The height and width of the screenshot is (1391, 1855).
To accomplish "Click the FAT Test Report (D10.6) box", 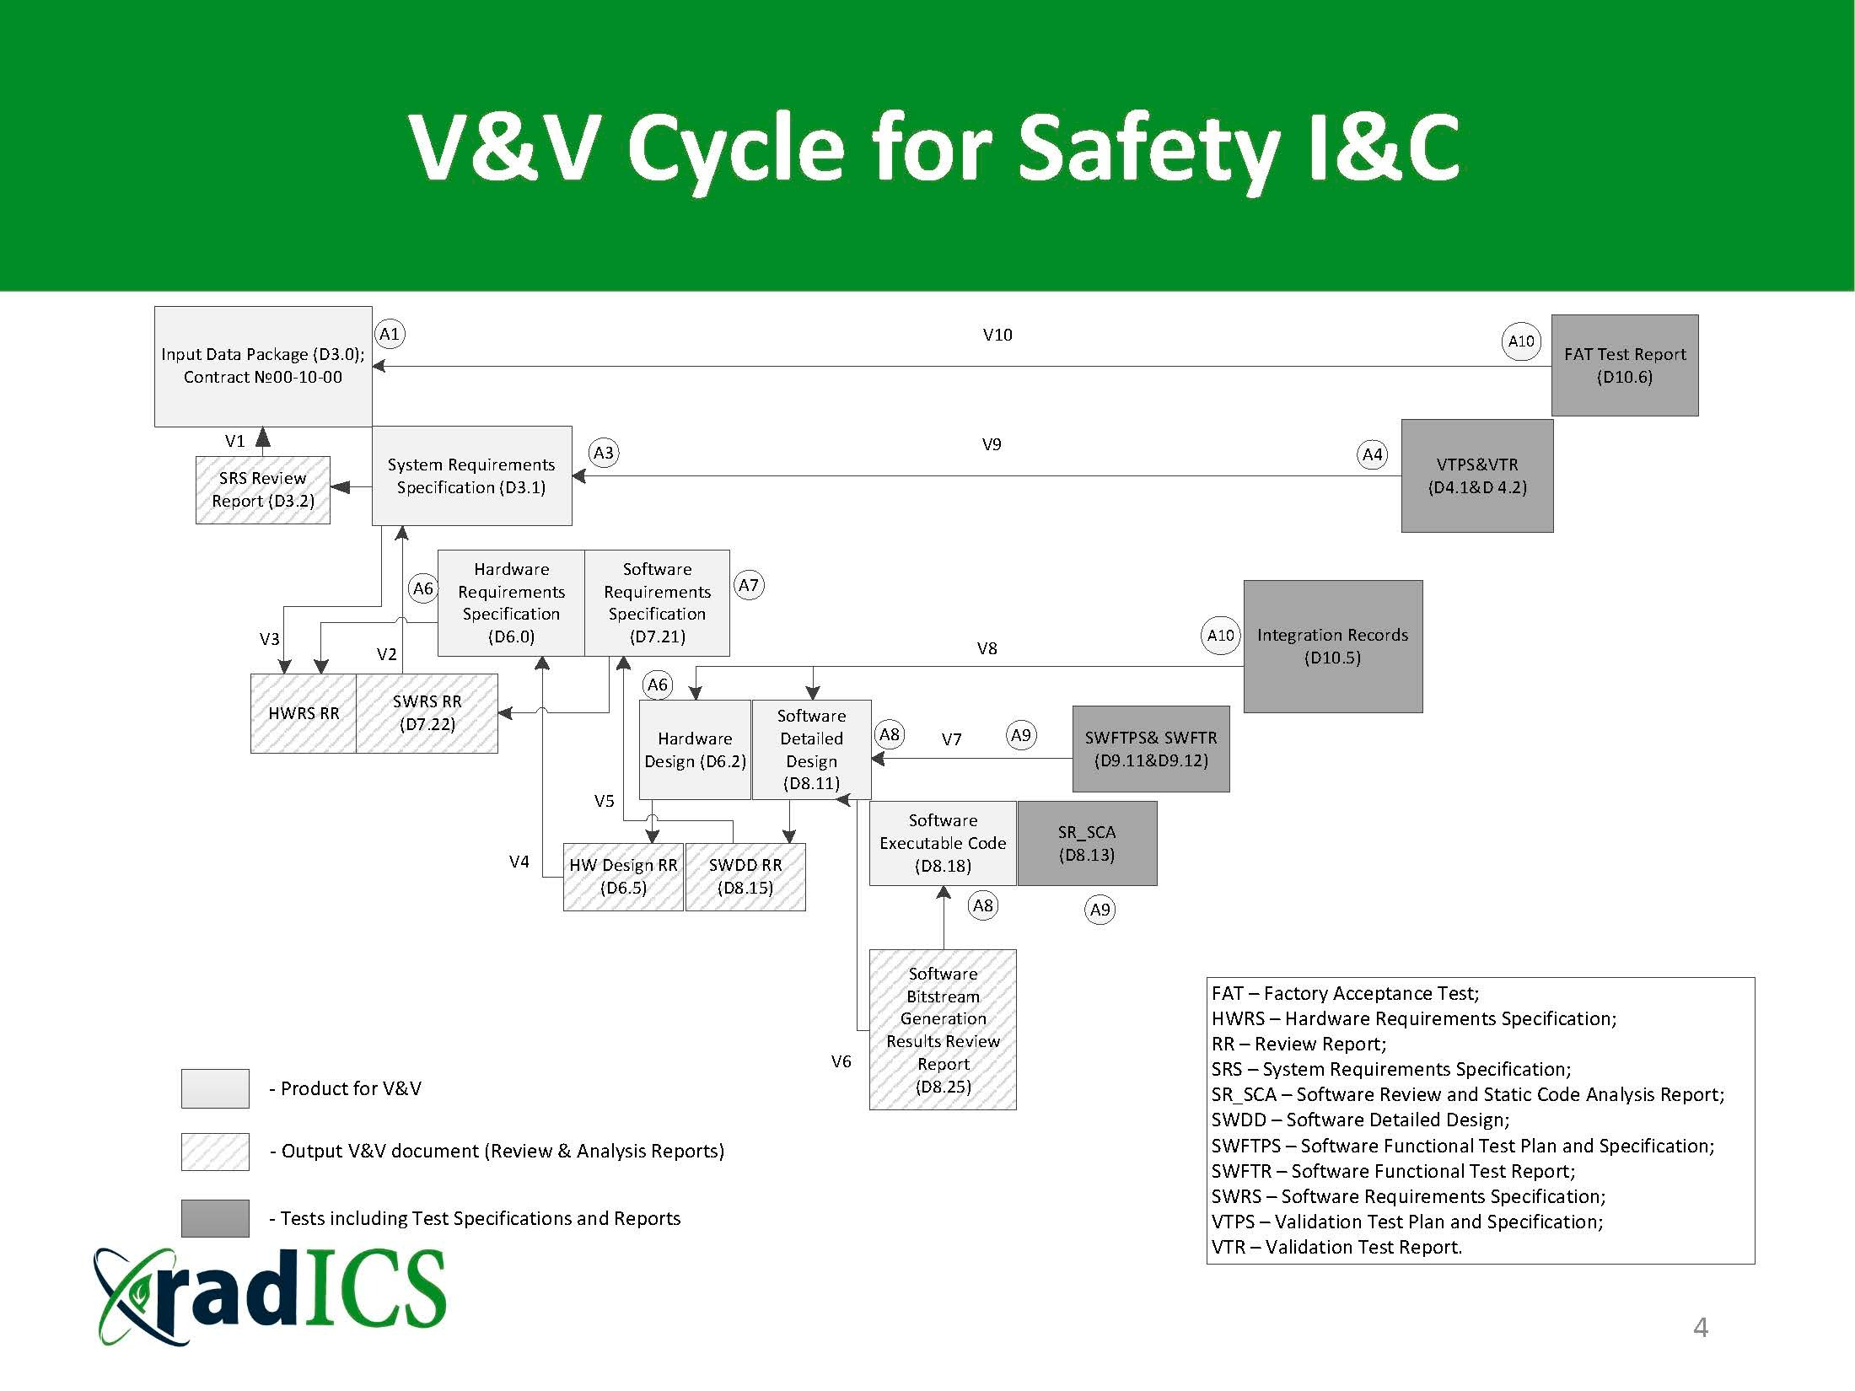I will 1624,365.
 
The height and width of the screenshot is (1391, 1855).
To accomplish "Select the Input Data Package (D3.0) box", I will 263,366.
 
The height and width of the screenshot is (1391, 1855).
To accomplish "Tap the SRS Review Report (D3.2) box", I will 263,490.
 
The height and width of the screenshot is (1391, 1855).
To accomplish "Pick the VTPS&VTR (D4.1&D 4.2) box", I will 1477,475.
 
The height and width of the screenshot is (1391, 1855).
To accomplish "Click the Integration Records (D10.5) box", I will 1333,646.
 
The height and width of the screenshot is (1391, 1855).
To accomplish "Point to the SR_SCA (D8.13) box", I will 1087,843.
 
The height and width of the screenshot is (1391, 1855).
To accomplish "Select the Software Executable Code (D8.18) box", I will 943,843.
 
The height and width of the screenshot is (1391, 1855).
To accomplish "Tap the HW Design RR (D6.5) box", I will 623,877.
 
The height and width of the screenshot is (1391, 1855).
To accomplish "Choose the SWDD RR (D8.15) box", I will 745,877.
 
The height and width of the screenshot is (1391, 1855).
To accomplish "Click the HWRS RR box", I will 304,713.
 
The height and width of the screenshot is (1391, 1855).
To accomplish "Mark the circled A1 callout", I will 389,334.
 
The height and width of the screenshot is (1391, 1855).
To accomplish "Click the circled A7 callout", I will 749,585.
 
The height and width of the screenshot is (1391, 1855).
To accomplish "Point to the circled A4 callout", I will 1373,454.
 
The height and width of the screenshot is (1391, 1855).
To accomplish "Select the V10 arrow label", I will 997,335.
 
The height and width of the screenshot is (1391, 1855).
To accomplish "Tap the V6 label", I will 841,1061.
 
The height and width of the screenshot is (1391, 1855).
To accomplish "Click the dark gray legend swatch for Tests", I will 215,1218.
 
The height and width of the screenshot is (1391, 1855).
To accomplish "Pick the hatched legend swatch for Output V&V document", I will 215,1152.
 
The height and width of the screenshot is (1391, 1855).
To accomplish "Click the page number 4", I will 1701,1328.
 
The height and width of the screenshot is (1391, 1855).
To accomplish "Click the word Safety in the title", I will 1148,148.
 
